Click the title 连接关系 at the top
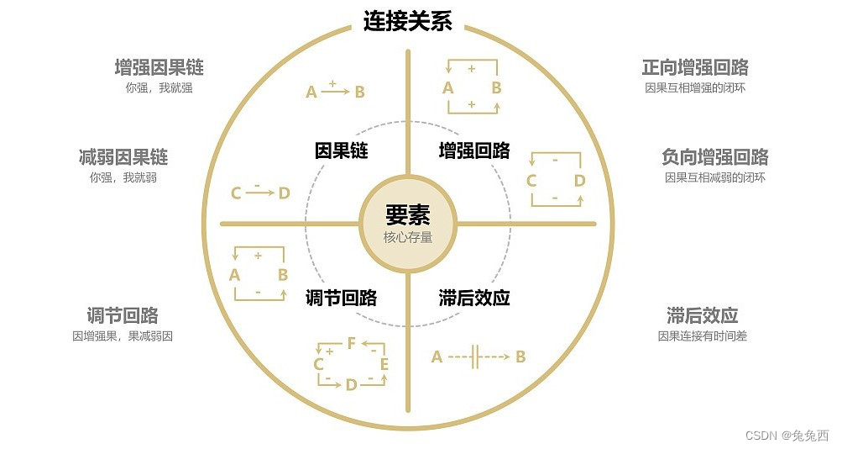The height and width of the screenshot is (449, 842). coord(407,21)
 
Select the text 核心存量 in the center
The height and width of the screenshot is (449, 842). coord(408,237)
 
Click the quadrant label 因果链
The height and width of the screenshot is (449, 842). coord(342,151)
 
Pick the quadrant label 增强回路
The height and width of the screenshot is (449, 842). coord(474,151)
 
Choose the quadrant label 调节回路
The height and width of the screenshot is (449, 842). coord(341,298)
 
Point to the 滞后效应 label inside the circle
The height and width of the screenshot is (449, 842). coord(474,298)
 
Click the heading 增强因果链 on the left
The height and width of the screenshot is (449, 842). coord(159,67)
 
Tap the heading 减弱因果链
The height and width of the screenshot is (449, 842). coord(123,157)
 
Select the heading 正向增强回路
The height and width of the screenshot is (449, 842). coord(695,67)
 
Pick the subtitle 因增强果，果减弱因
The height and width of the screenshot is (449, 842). coord(123,336)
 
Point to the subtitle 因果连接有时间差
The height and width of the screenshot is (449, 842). coord(703,336)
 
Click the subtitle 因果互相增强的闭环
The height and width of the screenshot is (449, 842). coord(694,87)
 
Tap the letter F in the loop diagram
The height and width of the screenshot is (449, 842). coord(352,343)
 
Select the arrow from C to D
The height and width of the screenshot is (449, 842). coord(260,193)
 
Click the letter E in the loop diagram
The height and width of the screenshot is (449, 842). coord(384,364)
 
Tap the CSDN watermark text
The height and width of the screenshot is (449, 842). coord(787,435)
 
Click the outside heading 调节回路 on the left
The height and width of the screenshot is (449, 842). coord(123,316)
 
